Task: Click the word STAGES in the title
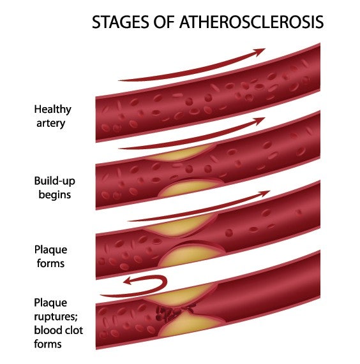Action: point(120,22)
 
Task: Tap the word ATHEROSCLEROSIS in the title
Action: point(251,22)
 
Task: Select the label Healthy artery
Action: point(53,116)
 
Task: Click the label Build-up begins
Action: point(55,187)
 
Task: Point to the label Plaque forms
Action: point(50,256)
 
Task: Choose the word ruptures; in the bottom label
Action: point(56,317)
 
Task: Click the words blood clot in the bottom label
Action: point(58,330)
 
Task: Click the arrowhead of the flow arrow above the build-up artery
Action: point(259,121)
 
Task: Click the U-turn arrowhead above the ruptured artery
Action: point(128,281)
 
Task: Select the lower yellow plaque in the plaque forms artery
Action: point(191,255)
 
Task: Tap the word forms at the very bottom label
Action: point(48,344)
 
